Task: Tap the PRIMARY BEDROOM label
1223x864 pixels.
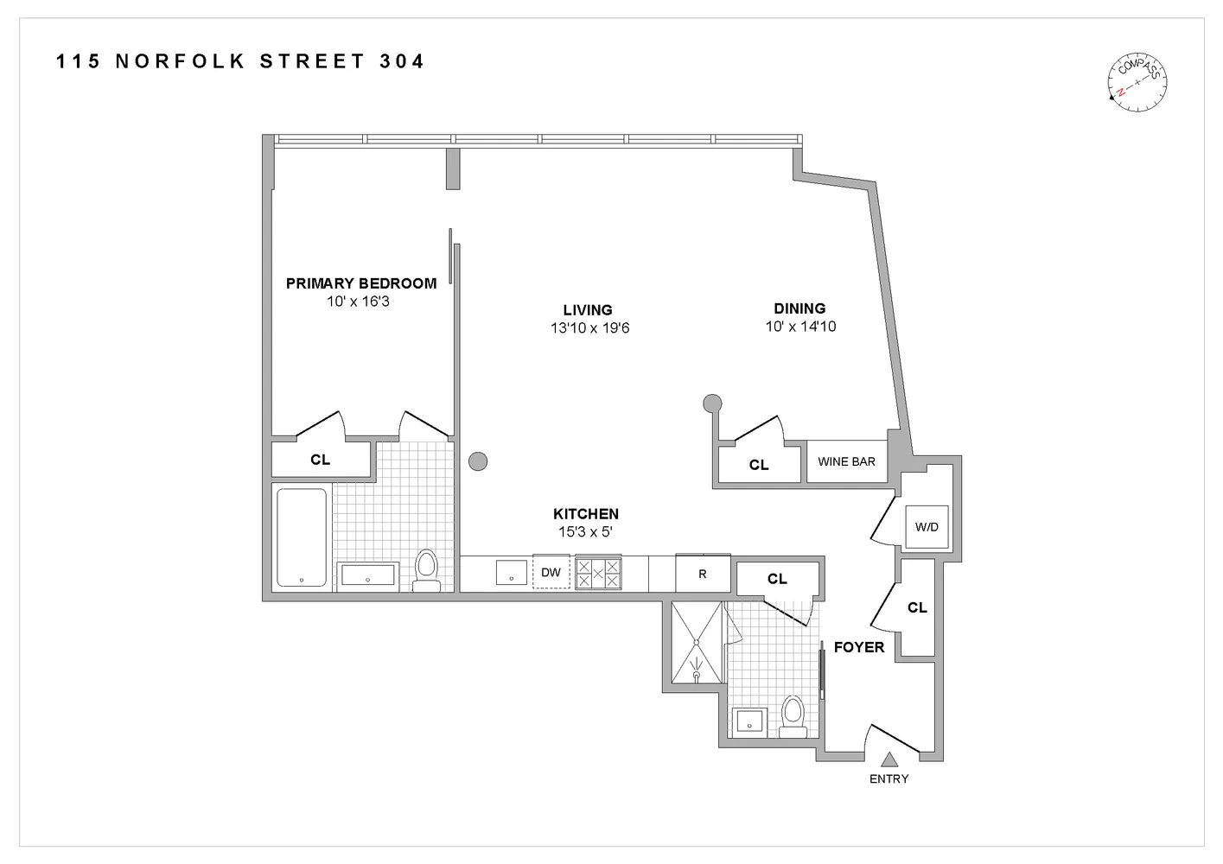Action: coord(360,283)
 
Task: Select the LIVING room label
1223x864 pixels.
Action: coord(588,310)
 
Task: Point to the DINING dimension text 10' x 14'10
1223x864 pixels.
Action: coord(800,327)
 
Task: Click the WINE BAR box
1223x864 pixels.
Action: coord(846,461)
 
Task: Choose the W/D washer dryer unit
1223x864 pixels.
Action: coord(926,526)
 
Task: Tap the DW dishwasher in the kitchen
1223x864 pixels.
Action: coord(551,572)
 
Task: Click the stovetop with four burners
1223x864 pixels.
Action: coord(598,573)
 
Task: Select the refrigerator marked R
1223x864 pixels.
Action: coord(702,574)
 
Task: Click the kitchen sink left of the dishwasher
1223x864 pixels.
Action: coord(512,572)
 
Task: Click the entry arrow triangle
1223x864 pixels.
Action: coord(889,759)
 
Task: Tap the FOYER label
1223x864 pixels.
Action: coord(858,647)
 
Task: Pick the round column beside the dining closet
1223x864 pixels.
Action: coord(712,402)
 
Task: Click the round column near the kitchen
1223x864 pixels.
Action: coord(478,461)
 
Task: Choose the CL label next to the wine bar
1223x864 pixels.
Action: coord(759,465)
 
